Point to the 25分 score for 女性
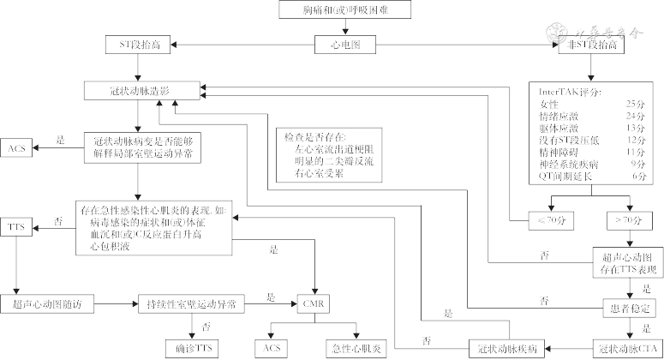pos(636,103)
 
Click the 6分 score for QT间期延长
pos(637,176)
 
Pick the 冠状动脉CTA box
pos(625,347)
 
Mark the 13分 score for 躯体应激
pos(636,127)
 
